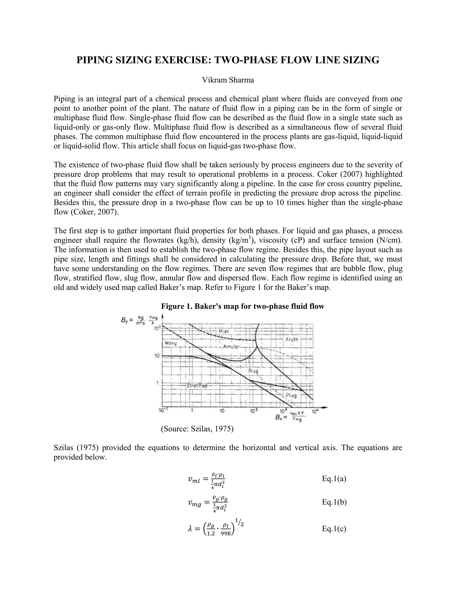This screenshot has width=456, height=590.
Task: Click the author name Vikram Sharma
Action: coord(228,80)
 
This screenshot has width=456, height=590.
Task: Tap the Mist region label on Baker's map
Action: coord(224,331)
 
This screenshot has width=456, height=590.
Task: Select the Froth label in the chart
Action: coord(292,339)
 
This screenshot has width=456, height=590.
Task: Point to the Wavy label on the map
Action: coord(171,343)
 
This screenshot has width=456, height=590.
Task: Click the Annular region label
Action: coord(231,347)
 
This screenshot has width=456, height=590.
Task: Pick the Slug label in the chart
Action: coord(253,371)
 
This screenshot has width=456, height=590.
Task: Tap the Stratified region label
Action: coord(197,386)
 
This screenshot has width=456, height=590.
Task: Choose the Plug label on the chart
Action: coord(291,395)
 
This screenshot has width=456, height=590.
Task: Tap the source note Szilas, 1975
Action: coord(197,429)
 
